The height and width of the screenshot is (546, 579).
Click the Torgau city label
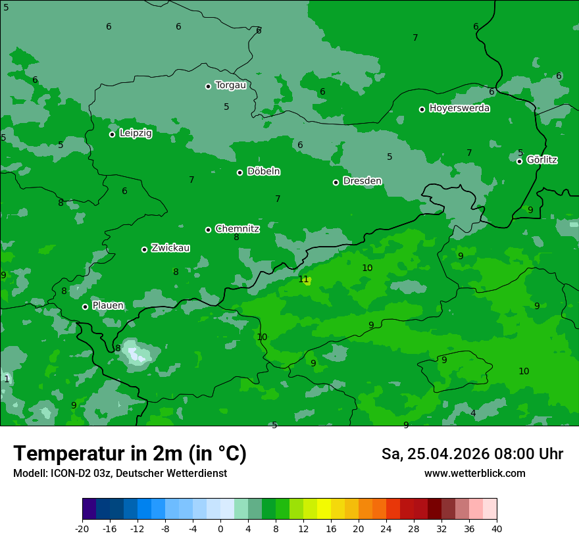[230, 86]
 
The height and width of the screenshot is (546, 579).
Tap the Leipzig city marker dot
[113, 134]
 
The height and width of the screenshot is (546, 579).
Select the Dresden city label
[362, 181]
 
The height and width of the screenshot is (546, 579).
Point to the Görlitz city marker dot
[520, 161]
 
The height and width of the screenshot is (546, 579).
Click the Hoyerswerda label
[459, 109]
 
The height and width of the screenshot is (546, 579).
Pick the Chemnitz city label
[237, 229]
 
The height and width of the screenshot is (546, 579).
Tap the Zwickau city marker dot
[145, 249]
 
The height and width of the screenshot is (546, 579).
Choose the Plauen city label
[108, 306]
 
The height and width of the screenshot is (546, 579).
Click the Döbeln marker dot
[240, 172]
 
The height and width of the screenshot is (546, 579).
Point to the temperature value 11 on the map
[303, 279]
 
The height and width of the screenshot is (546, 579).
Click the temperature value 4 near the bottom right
[473, 413]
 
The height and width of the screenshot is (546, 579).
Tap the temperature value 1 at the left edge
[7, 379]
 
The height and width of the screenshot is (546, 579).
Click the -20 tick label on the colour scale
[82, 528]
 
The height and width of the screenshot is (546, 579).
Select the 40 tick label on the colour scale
[497, 528]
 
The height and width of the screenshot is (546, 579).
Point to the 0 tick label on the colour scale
[220, 528]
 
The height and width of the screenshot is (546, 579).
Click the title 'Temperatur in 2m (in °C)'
[130, 453]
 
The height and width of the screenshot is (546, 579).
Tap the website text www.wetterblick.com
[474, 474]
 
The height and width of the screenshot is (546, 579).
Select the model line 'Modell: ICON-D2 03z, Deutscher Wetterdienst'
[120, 474]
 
